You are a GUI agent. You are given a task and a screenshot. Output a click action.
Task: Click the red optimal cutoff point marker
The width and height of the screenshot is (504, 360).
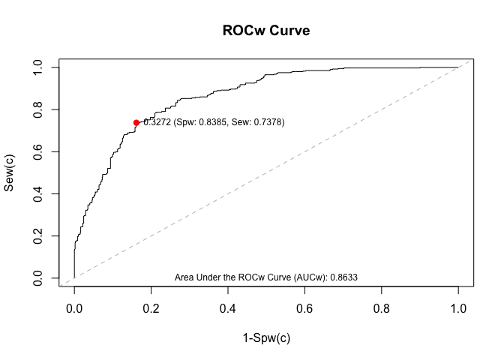(x=136, y=122)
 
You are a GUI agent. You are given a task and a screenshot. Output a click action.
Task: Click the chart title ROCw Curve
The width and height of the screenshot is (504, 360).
(x=266, y=31)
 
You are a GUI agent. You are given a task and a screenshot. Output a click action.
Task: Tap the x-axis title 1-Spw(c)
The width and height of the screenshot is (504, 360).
(x=266, y=337)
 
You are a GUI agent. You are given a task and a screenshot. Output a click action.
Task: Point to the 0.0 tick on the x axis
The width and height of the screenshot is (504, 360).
(x=74, y=307)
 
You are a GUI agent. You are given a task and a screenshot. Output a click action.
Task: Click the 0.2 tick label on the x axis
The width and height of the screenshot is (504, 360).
(x=151, y=307)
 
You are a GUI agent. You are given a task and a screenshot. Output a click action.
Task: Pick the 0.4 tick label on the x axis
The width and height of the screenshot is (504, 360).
(x=228, y=307)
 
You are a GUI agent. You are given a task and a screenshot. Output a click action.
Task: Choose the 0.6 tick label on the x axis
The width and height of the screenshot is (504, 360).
(x=304, y=307)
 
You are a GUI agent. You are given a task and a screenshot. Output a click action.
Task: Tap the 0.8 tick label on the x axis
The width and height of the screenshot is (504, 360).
(x=382, y=307)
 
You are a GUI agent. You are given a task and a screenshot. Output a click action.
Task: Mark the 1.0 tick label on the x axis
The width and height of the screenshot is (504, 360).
(x=458, y=307)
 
